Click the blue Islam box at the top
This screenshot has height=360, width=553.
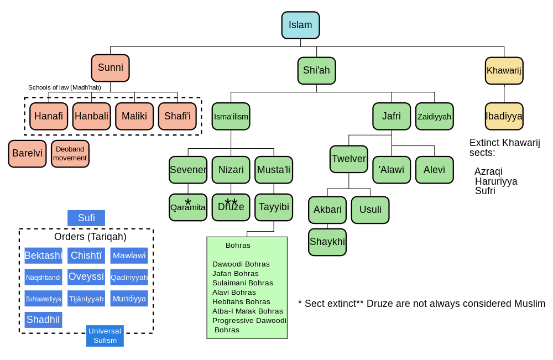pos(300,25)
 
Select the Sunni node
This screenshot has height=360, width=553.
pos(111,67)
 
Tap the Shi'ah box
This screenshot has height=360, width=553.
pos(316,71)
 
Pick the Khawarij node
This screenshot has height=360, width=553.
pos(504,71)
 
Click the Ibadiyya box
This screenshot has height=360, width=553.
pos(504,116)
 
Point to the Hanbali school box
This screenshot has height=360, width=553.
pos(92,116)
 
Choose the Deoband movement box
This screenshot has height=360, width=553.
pos(70,153)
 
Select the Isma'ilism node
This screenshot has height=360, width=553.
pos(231,116)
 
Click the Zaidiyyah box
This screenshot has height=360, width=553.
pos(435,116)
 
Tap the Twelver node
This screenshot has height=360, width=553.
pos(349,159)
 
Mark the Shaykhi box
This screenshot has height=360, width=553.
pos(327,242)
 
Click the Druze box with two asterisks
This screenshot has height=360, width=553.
pos(231,207)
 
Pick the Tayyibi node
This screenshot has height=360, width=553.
pos(274,207)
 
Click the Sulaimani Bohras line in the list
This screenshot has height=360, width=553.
pos(243,283)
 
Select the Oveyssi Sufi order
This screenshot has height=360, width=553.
pos(86,277)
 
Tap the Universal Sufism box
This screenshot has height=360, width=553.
pos(105,336)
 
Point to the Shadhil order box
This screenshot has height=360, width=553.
pos(43,320)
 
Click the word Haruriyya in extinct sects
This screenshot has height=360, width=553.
pos(496,181)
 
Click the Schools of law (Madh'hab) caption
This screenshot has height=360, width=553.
pos(65,87)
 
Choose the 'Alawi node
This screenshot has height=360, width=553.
pos(392,170)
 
